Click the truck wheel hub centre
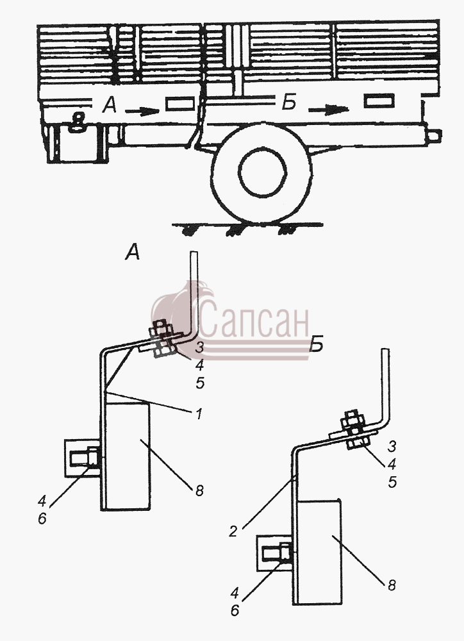(x=262, y=171)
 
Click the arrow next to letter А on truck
(x=142, y=111)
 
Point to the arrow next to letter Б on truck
(x=328, y=110)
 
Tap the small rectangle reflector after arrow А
(x=179, y=104)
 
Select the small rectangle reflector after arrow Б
(x=379, y=101)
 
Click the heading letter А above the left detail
(x=133, y=251)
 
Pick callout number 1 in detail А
(x=199, y=415)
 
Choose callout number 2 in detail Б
(x=233, y=532)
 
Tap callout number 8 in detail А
(x=199, y=490)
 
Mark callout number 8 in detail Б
(x=392, y=585)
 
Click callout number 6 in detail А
(x=42, y=519)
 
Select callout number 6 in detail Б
(x=235, y=610)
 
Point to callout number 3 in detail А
(x=199, y=348)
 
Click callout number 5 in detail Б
(x=392, y=483)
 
